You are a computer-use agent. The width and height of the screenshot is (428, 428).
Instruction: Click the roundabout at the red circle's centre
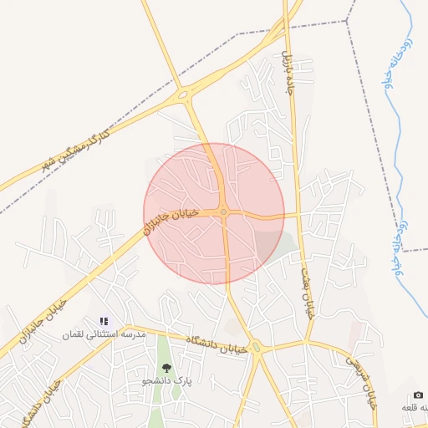coord(224,213)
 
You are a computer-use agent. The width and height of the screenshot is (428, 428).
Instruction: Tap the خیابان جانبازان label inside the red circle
coord(172,222)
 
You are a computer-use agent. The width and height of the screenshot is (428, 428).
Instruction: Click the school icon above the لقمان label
coord(104,321)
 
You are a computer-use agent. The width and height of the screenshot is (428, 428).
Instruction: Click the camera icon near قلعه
coord(418,395)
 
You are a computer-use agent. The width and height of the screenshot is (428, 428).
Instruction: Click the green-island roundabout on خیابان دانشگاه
coord(257,348)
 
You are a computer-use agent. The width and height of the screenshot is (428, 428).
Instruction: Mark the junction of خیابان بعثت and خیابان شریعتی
coord(308,341)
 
